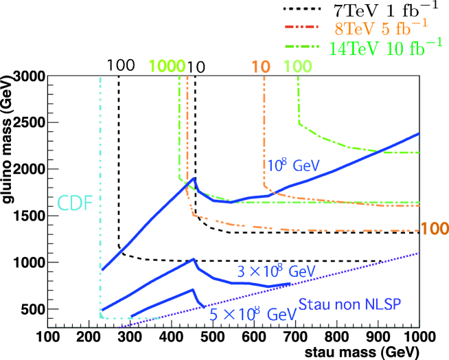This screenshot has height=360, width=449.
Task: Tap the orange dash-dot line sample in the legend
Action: (301, 29)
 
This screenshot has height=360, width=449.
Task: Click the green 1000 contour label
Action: (167, 67)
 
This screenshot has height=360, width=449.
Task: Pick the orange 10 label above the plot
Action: (260, 67)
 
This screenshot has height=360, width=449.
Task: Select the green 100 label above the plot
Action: (297, 67)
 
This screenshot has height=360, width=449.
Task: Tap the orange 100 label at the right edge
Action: (434, 229)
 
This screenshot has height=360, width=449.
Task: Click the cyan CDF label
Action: (75, 203)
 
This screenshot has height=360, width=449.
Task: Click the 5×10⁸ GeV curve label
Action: (253, 314)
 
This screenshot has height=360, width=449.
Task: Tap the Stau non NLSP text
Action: (349, 304)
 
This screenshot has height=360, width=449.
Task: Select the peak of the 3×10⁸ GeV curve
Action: (194, 258)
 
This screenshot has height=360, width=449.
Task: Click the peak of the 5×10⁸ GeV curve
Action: (194, 289)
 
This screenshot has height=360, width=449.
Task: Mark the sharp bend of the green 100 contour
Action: (299, 123)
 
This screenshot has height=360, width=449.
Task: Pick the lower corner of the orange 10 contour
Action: (265, 185)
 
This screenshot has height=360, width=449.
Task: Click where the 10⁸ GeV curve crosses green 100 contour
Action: (380, 150)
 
